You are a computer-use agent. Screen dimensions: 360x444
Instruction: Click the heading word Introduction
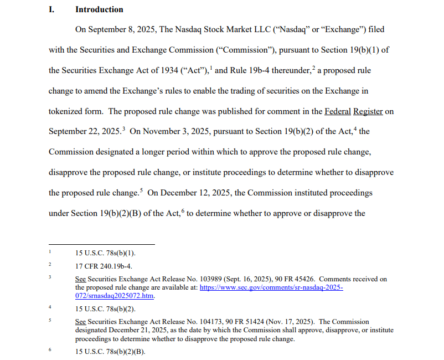[x=99, y=9]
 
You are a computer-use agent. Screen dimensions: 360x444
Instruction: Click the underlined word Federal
[x=338, y=111]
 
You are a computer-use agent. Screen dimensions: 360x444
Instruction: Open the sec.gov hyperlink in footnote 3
[x=271, y=288]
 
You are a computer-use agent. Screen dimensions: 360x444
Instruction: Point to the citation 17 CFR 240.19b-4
[x=104, y=266]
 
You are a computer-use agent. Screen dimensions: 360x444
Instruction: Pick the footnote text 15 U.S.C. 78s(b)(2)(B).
[x=110, y=352]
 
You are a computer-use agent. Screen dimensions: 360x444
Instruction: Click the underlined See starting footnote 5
[x=80, y=322]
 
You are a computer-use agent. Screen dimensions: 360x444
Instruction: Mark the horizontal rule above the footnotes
[x=102, y=244]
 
